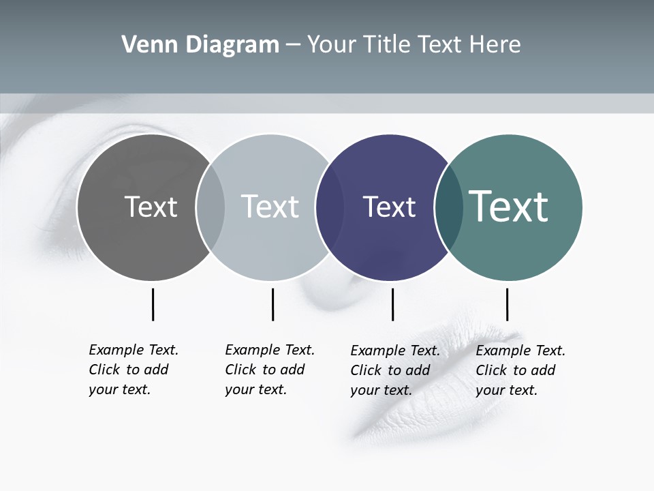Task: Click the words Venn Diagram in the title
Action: coord(200,45)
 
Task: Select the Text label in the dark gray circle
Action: coord(151,207)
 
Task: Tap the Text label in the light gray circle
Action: coord(270,207)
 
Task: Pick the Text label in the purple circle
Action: coord(389,207)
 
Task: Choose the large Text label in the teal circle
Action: coord(509,206)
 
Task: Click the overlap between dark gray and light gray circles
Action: coord(211,207)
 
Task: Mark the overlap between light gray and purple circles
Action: coord(330,207)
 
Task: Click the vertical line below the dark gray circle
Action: coord(153,304)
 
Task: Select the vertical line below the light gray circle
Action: coord(272,304)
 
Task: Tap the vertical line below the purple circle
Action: coord(392,304)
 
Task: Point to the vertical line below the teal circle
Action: coord(507,304)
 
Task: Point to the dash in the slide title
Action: coord(293,46)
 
